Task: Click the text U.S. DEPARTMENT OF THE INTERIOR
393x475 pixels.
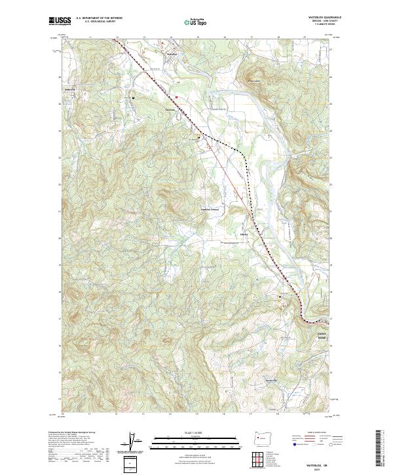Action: coord(99,18)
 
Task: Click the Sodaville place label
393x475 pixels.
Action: coord(69,89)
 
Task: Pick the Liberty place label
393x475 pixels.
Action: coord(244,232)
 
